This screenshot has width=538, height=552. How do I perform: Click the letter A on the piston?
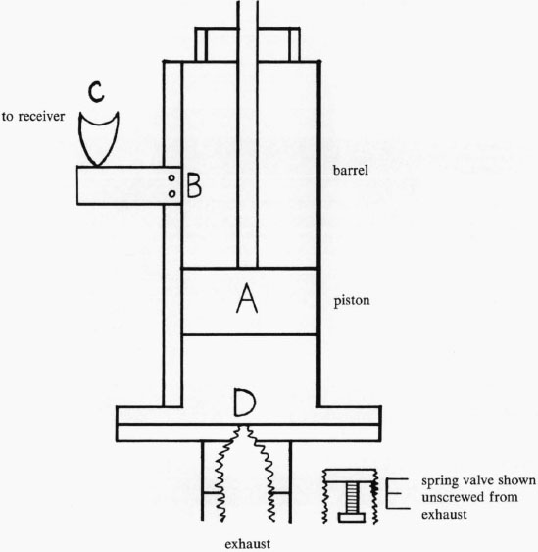(247, 299)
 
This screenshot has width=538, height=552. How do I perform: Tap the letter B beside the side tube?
(194, 185)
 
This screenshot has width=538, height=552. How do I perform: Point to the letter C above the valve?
(96, 91)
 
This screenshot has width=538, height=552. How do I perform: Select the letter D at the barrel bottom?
(245, 402)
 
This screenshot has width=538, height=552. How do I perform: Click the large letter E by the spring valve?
(398, 493)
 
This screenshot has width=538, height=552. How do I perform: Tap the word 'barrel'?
(351, 170)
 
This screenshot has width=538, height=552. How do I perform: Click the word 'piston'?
(352, 301)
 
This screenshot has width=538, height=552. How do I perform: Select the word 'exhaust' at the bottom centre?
(248, 544)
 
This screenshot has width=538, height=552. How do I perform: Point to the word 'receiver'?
(41, 116)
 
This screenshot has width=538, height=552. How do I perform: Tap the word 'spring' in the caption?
(438, 480)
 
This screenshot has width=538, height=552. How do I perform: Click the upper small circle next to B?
(171, 178)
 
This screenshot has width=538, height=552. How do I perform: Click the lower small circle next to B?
(171, 193)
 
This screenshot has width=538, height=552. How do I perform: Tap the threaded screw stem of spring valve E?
(351, 497)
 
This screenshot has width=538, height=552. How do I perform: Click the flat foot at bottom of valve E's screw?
(352, 517)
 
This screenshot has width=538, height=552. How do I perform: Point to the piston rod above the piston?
(247, 133)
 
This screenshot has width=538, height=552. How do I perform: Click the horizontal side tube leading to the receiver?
(128, 185)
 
